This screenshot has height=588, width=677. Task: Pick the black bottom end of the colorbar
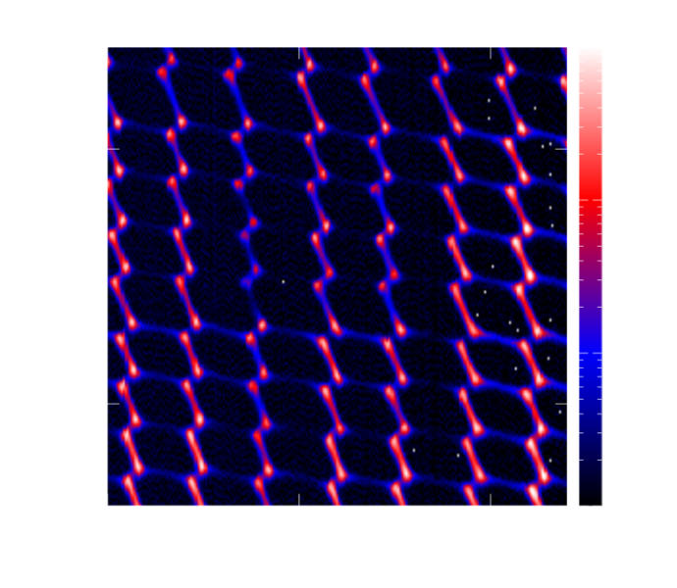coord(590,500)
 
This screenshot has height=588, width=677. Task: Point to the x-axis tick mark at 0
coord(302,504)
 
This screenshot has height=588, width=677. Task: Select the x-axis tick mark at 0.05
coord(494,504)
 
